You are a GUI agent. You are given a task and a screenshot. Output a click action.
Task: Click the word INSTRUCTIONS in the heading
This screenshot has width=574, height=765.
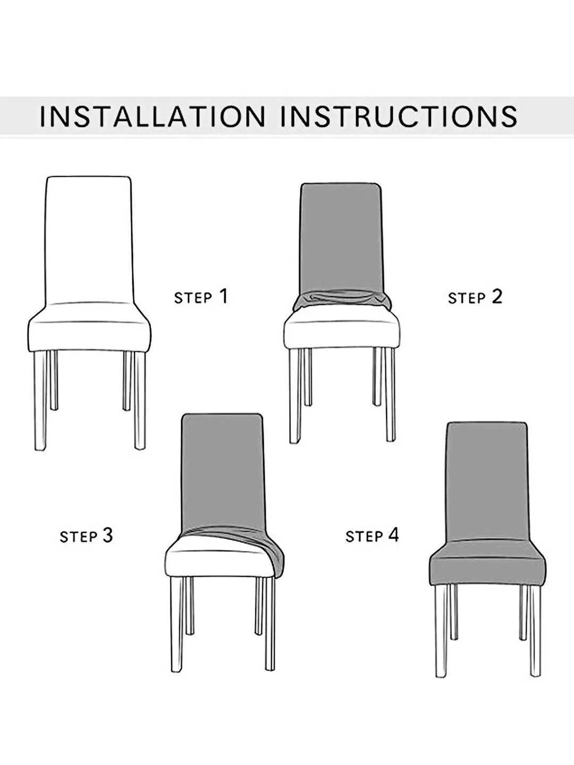[399, 116]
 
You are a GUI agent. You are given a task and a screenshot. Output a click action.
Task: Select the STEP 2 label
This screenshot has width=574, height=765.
[475, 297]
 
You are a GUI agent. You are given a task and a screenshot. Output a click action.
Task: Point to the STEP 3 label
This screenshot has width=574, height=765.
[86, 536]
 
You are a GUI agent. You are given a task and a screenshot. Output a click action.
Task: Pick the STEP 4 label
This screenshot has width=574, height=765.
[372, 535]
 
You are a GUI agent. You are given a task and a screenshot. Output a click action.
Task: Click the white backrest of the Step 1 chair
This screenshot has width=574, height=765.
[88, 239]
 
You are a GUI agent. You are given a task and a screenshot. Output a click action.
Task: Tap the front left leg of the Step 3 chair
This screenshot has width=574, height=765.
[176, 624]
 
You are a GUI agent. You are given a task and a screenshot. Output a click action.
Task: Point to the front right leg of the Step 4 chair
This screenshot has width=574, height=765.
[535, 630]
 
